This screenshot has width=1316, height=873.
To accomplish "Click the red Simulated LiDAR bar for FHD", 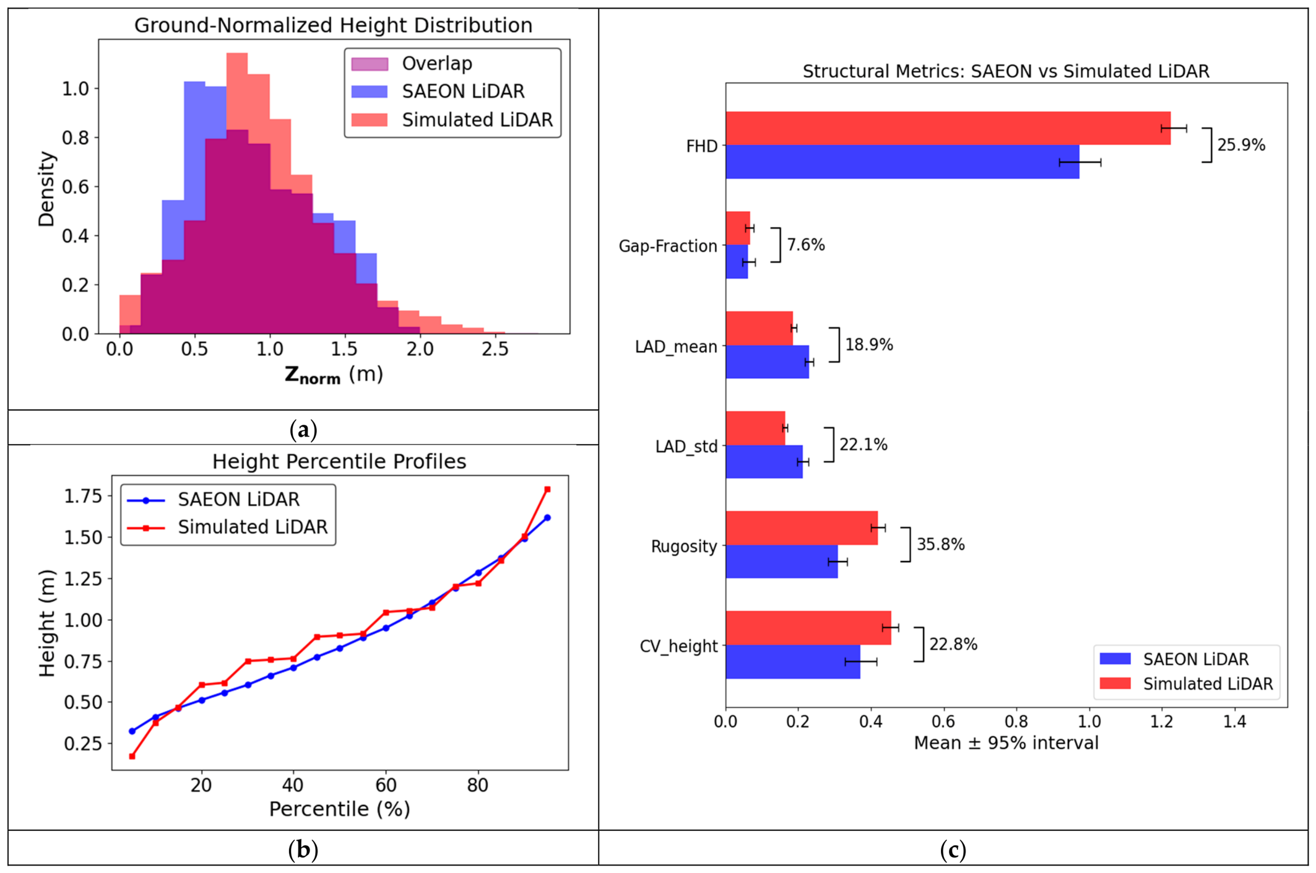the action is click(948, 128).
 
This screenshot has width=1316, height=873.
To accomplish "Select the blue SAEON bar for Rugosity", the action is click(782, 562).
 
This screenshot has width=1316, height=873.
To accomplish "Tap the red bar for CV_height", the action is click(808, 628).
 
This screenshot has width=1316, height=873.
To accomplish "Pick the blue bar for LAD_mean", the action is click(768, 362).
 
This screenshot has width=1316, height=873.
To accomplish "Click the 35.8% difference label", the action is click(940, 544).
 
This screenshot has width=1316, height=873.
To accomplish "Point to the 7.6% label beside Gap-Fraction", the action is click(806, 245).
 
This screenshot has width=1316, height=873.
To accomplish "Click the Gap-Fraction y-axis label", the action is click(668, 246).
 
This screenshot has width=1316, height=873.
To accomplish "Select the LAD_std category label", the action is click(686, 446).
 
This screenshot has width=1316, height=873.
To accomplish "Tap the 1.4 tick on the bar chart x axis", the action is click(1235, 721).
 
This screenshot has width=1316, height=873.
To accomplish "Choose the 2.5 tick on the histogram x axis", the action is click(495, 349).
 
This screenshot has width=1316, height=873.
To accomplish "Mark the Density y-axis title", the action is click(46, 189).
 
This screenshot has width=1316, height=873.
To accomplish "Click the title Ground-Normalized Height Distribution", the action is click(333, 25).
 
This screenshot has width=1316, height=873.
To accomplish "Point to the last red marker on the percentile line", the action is click(547, 490).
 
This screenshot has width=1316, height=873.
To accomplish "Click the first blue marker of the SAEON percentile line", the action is click(132, 731).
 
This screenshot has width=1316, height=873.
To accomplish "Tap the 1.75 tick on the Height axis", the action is click(84, 497).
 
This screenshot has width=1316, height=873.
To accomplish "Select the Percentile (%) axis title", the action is click(340, 809).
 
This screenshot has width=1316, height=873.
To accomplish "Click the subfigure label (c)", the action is click(953, 849).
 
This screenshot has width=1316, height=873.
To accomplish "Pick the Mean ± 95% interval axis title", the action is click(1006, 743).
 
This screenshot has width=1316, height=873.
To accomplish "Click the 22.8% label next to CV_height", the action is click(953, 645).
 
